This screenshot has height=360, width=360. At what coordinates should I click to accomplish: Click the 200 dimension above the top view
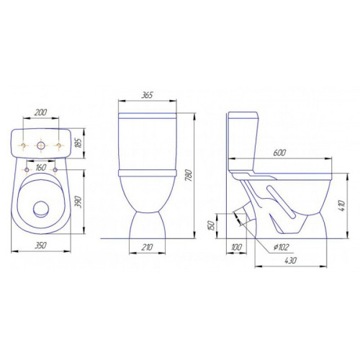click(x=41, y=112)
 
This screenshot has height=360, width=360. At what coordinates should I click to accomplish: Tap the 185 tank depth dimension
click(x=79, y=143)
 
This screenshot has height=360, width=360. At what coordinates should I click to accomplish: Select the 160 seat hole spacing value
click(x=40, y=168)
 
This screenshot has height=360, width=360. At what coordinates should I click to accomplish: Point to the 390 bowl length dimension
click(x=79, y=202)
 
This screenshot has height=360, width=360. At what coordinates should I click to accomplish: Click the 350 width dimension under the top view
click(x=41, y=246)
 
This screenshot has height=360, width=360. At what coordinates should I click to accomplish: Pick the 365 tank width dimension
click(x=147, y=95)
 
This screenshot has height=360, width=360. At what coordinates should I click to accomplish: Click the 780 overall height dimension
click(x=189, y=176)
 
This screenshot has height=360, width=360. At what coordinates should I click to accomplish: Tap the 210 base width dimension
click(x=147, y=247)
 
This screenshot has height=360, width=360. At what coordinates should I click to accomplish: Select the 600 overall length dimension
click(x=279, y=153)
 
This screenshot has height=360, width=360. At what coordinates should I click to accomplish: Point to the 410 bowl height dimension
click(x=342, y=206)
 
